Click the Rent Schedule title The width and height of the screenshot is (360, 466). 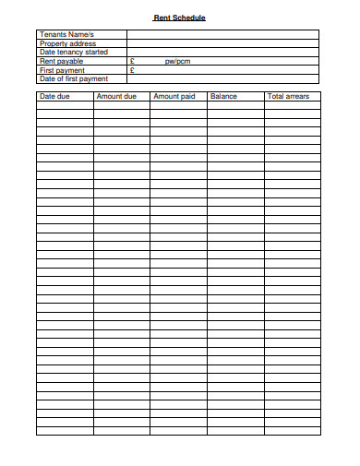(x=179, y=18)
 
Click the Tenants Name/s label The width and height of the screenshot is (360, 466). (x=66, y=34)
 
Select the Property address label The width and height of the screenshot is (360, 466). (x=67, y=43)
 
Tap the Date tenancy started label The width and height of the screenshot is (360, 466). (x=74, y=52)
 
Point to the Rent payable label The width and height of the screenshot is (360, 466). (x=61, y=61)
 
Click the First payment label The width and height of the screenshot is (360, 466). (x=62, y=70)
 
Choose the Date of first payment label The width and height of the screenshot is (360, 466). (x=74, y=78)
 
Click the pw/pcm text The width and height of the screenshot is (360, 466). (x=177, y=61)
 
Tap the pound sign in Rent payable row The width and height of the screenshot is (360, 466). (x=133, y=61)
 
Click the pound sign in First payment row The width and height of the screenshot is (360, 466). (x=133, y=70)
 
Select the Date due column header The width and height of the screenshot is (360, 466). (x=54, y=96)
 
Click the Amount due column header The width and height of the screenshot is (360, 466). (x=116, y=96)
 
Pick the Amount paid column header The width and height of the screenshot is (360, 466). (x=174, y=96)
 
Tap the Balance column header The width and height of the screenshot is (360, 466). (x=223, y=96)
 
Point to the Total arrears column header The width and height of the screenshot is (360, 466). (x=288, y=96)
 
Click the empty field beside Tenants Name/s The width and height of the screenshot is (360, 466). (x=222, y=34)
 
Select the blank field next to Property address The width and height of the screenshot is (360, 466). (x=222, y=43)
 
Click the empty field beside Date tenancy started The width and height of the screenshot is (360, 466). (x=222, y=52)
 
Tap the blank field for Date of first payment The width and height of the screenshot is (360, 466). (x=222, y=78)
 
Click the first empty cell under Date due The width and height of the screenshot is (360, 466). (x=65, y=105)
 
